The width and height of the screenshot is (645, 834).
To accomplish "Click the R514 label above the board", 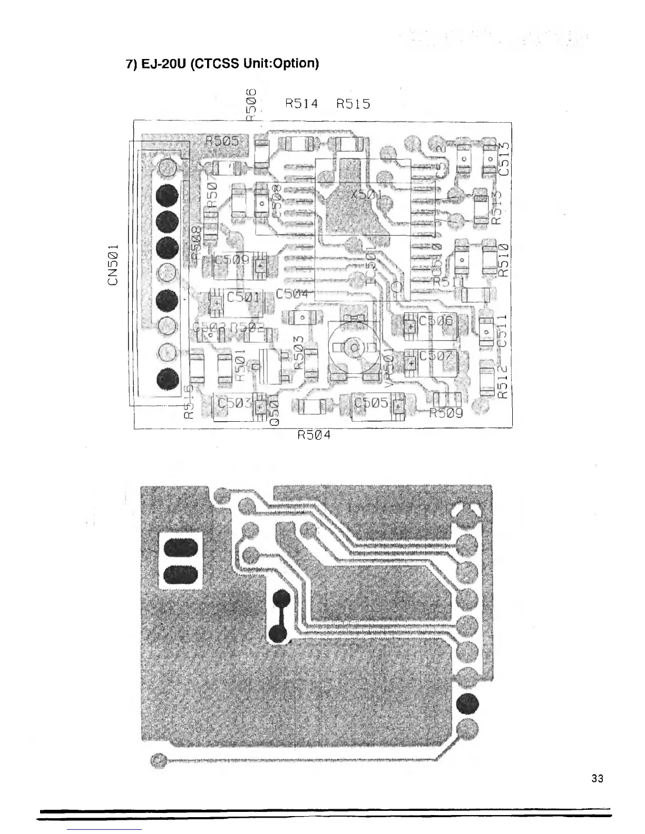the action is coord(301,103).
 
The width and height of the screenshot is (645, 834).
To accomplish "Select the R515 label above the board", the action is coord(353,103).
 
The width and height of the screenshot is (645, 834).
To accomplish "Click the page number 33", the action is coord(597,779).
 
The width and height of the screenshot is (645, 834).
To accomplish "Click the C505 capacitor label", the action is coord(372,403).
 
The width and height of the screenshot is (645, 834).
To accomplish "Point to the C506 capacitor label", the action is coord(435,321).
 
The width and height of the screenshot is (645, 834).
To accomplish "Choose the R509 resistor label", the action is coord(446,413).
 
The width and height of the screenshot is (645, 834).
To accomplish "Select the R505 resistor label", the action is coord(222,141).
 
